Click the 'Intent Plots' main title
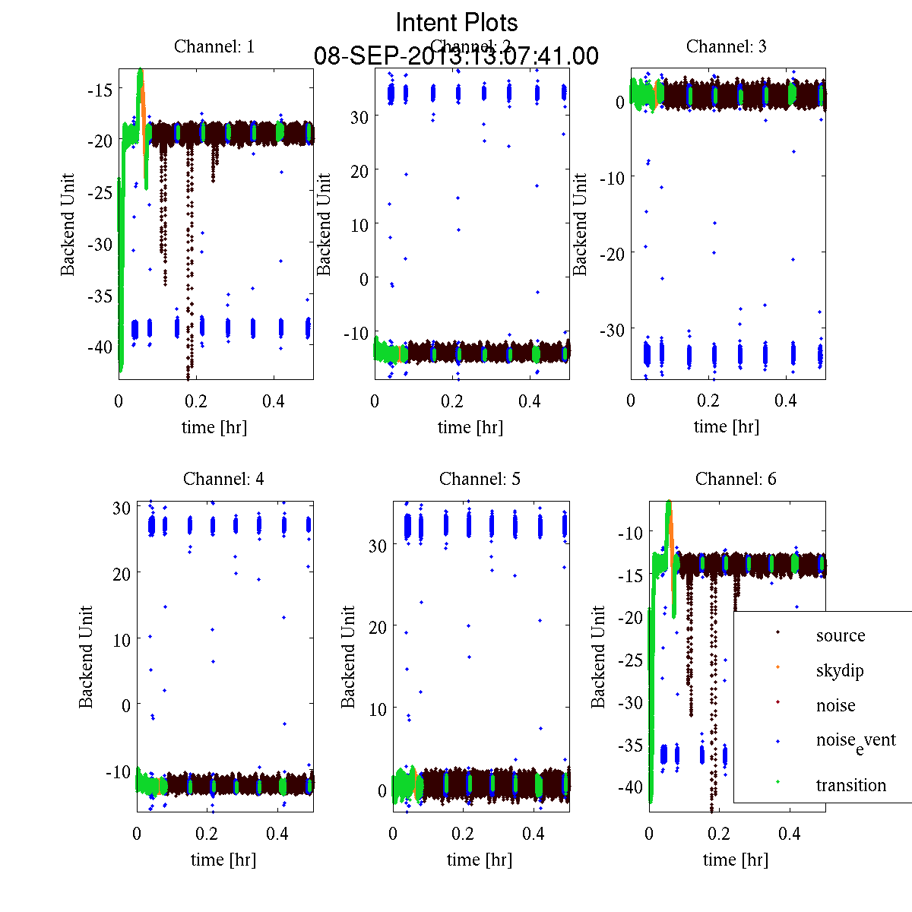(x=457, y=22)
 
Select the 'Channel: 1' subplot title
(x=214, y=46)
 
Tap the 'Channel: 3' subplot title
(x=727, y=46)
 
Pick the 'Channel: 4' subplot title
(x=223, y=479)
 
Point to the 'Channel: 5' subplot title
(x=480, y=479)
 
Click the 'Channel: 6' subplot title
(x=736, y=479)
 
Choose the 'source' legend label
(x=841, y=635)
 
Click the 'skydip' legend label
(x=840, y=670)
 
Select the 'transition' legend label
(x=851, y=785)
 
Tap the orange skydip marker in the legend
(x=777, y=667)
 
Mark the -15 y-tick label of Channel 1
(x=100, y=89)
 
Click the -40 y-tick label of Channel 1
(x=100, y=347)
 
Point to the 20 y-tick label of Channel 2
(x=359, y=171)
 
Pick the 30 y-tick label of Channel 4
(x=122, y=507)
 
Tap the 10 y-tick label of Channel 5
(x=378, y=708)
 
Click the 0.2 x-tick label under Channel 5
(x=463, y=833)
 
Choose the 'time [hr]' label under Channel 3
(x=727, y=426)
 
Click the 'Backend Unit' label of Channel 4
(x=86, y=657)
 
